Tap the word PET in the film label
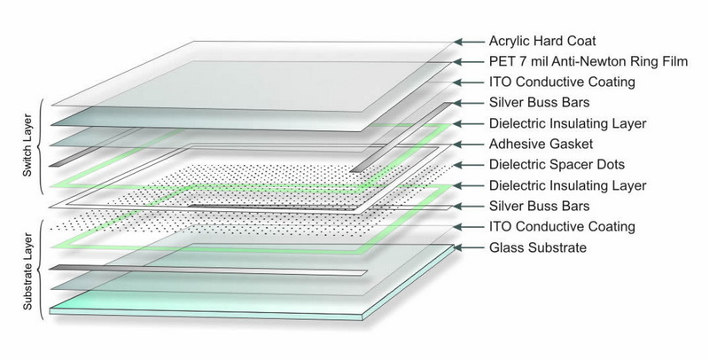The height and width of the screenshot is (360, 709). [502, 62]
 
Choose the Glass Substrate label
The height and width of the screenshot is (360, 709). [538, 247]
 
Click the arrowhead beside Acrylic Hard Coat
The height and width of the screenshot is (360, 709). [460, 42]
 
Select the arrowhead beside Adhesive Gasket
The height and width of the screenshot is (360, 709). [460, 145]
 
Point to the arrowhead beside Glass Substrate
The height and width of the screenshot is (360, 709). [460, 247]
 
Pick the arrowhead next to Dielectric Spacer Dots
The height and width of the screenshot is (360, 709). [460, 165]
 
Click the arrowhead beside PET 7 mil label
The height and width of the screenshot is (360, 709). [460, 62]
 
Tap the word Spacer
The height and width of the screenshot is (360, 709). [573, 165]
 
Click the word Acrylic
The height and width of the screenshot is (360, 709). [510, 42]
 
